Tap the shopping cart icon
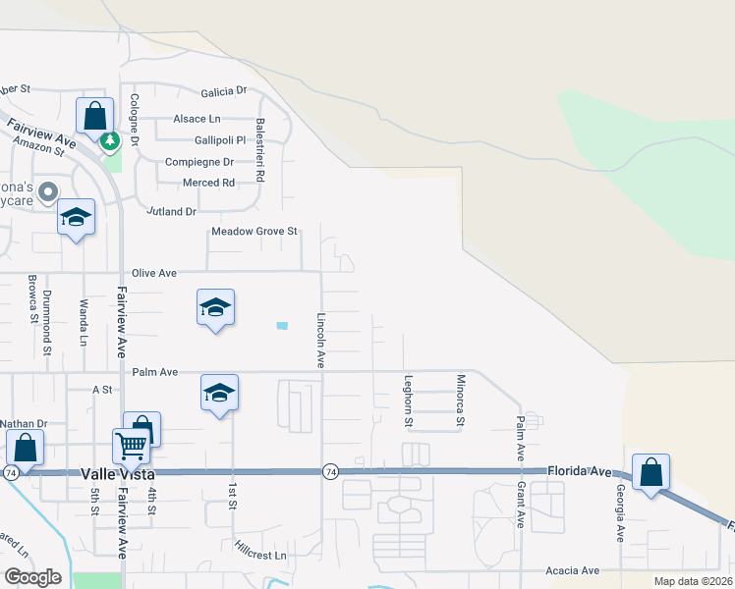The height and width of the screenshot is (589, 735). (131, 447)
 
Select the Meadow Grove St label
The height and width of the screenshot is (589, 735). (254, 232)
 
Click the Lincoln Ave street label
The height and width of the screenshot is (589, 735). (321, 340)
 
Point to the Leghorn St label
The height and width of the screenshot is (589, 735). (408, 401)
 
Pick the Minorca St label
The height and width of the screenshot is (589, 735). (459, 401)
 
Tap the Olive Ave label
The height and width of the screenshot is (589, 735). (154, 272)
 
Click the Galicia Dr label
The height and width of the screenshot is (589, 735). (224, 91)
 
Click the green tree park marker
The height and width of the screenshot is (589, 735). (110, 142)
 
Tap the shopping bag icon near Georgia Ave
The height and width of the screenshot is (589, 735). (650, 473)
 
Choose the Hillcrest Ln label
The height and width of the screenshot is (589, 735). (259, 556)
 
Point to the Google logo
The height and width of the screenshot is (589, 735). (31, 577)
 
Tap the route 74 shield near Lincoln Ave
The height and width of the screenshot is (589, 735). (330, 471)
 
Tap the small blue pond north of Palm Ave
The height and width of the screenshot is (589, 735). (283, 325)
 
